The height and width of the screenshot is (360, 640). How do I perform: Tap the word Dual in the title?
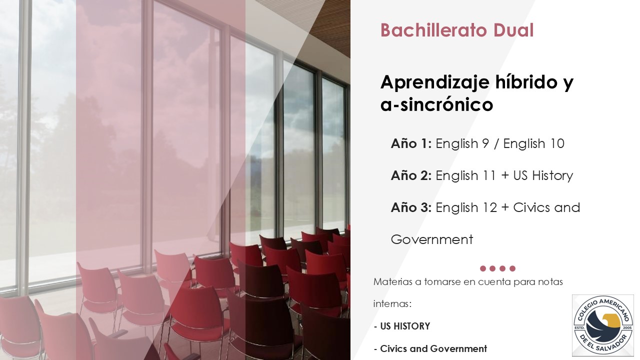513,30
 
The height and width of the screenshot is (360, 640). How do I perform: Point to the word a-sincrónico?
437,104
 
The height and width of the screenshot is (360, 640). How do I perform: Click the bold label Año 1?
411,143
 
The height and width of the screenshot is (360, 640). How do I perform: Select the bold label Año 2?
411,175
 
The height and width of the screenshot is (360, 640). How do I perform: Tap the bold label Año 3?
411,207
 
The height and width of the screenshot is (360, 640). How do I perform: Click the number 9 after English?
485,143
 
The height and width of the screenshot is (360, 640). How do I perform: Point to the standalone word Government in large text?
431,239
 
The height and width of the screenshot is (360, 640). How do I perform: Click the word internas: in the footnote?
392,303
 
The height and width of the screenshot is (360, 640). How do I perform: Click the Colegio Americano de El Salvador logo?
603,325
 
